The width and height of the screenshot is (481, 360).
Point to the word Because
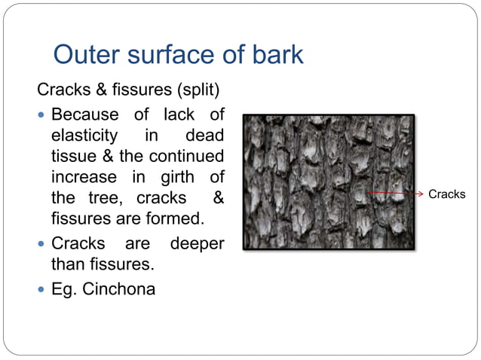pos(84,115)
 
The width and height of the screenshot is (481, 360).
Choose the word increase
pos(84,178)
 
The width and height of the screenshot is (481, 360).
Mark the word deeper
pos(197,244)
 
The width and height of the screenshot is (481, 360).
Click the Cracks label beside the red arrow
pos(447,194)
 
